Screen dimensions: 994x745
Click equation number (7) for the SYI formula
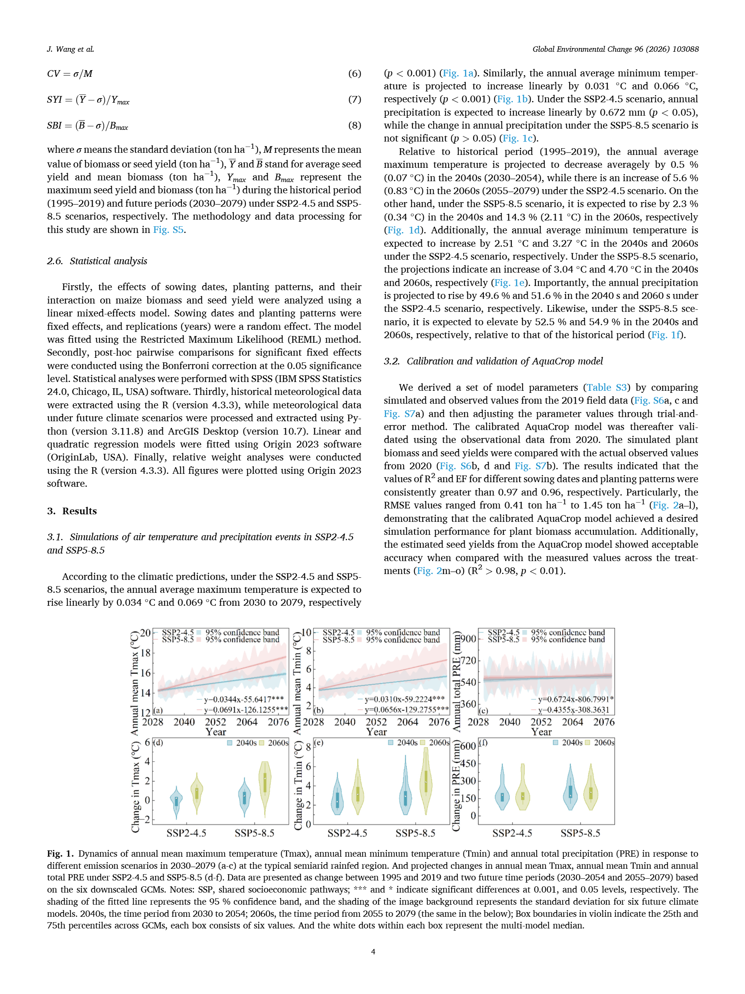click(x=354, y=99)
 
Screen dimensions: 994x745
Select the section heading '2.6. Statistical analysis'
click(x=97, y=261)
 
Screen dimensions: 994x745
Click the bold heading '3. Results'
click(x=72, y=511)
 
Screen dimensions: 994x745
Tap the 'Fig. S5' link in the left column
click(x=169, y=230)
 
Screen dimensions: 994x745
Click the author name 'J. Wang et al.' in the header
click(x=71, y=49)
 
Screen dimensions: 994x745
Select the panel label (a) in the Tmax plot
click(x=158, y=711)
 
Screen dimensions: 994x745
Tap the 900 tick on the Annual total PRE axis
click(x=468, y=639)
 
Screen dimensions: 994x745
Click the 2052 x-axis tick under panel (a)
click(x=216, y=722)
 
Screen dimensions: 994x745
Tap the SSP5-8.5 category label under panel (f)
click(x=580, y=833)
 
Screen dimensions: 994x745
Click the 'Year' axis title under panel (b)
click(x=376, y=732)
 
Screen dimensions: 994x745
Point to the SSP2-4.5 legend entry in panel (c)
click(x=503, y=632)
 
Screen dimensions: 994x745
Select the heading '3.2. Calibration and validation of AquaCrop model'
click(x=493, y=361)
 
